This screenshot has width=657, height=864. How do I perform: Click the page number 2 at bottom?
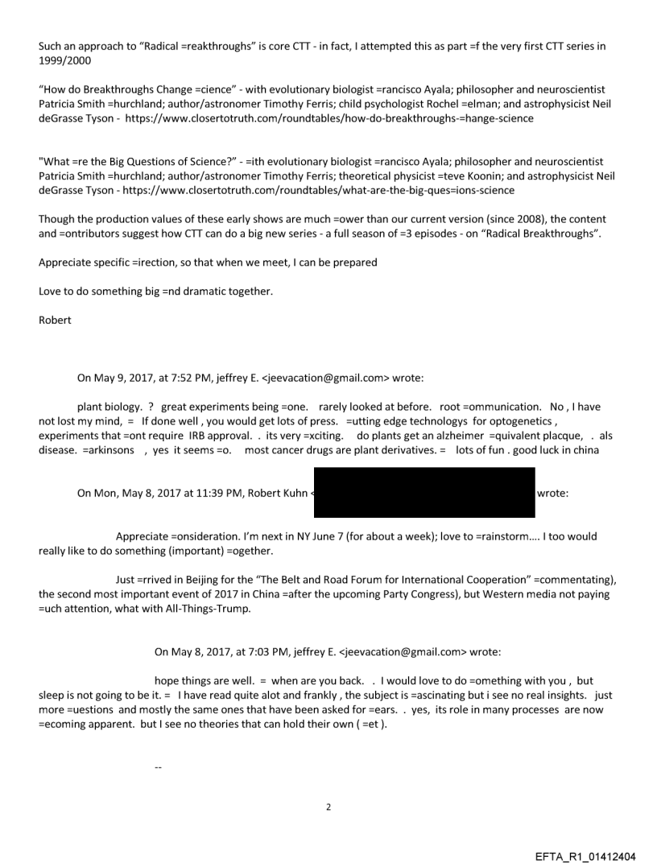[328, 807]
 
